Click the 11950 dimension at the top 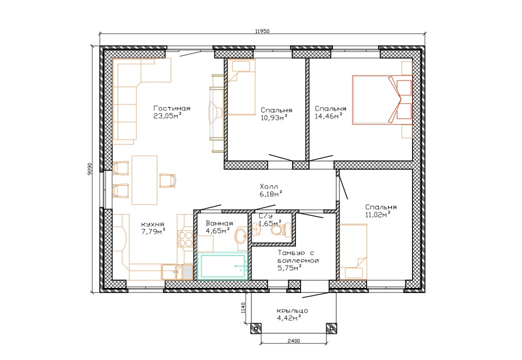tap(262, 31)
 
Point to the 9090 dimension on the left tap(89, 169)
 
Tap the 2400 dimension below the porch tap(293, 340)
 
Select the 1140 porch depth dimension tap(243, 307)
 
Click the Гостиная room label tap(172, 108)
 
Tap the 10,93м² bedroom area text tap(274, 117)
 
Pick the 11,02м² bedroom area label tap(378, 214)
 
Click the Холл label tap(268, 186)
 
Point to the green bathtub tap(222, 266)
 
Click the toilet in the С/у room tap(281, 230)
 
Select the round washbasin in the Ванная tap(241, 236)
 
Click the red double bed tap(382, 100)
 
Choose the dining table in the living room tap(144, 180)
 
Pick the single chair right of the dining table tap(167, 180)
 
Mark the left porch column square tap(255, 328)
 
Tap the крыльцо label tap(292, 310)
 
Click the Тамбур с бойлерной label tap(298, 257)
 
